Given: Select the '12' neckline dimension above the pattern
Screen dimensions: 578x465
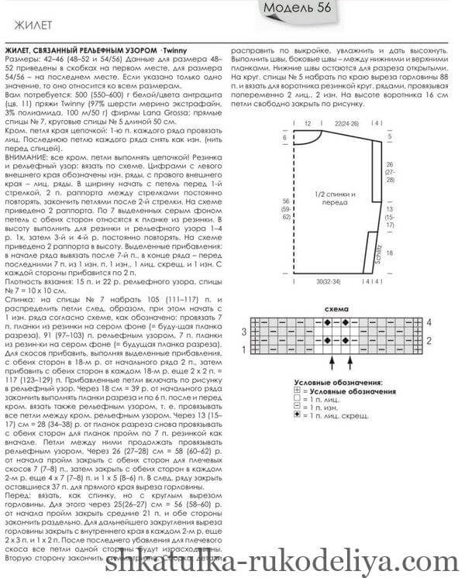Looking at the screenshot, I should coord(308,123).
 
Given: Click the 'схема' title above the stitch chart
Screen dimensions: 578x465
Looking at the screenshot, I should coord(334,309).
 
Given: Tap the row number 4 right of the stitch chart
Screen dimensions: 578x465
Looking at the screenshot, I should coord(429,321).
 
